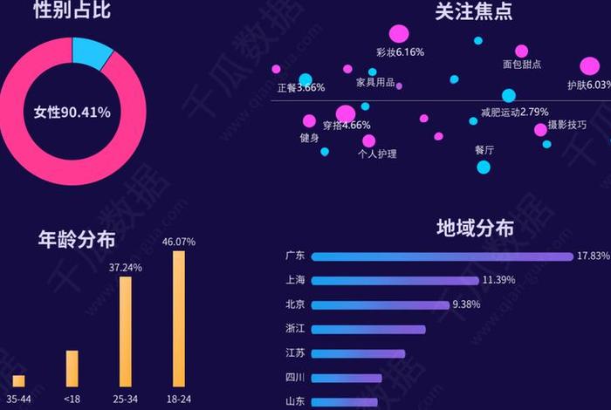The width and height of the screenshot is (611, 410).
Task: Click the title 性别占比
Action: tap(72, 11)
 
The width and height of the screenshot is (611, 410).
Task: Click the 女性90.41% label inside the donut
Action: tap(72, 113)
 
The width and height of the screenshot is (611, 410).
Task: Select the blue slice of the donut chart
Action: tap(91, 52)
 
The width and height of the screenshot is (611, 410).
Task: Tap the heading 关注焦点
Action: tap(473, 11)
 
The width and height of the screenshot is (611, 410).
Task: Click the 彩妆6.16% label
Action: tap(400, 52)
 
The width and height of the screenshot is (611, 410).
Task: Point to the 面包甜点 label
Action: tap(522, 65)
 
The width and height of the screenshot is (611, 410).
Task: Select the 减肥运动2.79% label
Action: tap(514, 112)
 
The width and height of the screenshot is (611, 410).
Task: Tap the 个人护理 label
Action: tap(377, 154)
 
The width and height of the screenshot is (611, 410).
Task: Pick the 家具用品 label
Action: tap(374, 84)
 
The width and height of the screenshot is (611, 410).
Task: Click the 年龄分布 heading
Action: tap(77, 239)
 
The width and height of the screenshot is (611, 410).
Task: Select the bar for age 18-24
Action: tap(179, 318)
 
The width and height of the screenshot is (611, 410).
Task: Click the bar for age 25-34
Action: tap(126, 331)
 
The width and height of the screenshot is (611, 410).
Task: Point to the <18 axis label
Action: tap(72, 398)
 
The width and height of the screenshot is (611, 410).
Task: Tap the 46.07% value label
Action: tap(179, 242)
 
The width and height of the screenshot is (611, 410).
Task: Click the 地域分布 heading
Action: tap(475, 229)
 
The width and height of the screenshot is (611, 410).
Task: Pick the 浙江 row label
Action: tap(295, 329)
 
